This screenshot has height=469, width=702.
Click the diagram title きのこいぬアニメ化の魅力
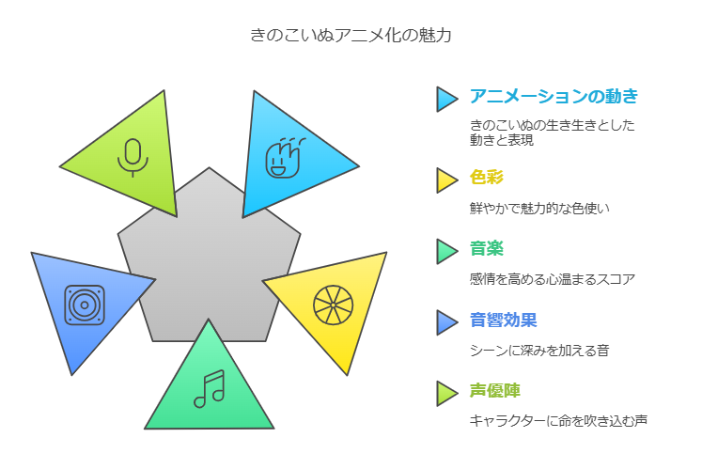[x=351, y=35]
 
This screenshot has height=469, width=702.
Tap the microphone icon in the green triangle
[x=133, y=157]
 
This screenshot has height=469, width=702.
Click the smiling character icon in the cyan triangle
[x=285, y=158]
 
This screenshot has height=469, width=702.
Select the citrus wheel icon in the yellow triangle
[x=333, y=305]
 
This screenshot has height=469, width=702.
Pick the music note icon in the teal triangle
[x=209, y=389]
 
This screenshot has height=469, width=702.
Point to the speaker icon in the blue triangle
[x=85, y=305]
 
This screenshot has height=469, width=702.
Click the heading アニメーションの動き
[x=554, y=96]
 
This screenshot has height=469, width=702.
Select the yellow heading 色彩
[x=487, y=177]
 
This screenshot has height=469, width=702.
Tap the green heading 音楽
[x=487, y=248]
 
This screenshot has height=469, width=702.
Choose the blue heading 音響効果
[x=503, y=320]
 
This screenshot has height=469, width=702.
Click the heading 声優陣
[x=494, y=391]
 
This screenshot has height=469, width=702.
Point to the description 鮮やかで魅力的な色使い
[x=539, y=209]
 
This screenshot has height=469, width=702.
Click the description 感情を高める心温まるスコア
[x=553, y=279]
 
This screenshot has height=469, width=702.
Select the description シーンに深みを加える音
[x=539, y=351]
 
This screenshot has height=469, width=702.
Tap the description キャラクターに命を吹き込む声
[x=558, y=421]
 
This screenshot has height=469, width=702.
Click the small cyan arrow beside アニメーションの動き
[x=445, y=99]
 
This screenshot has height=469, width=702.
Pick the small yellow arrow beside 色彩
[x=445, y=180]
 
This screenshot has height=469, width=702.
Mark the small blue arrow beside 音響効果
[x=445, y=322]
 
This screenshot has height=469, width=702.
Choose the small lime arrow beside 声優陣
[x=445, y=393]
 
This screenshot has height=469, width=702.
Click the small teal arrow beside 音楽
[x=445, y=251]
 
